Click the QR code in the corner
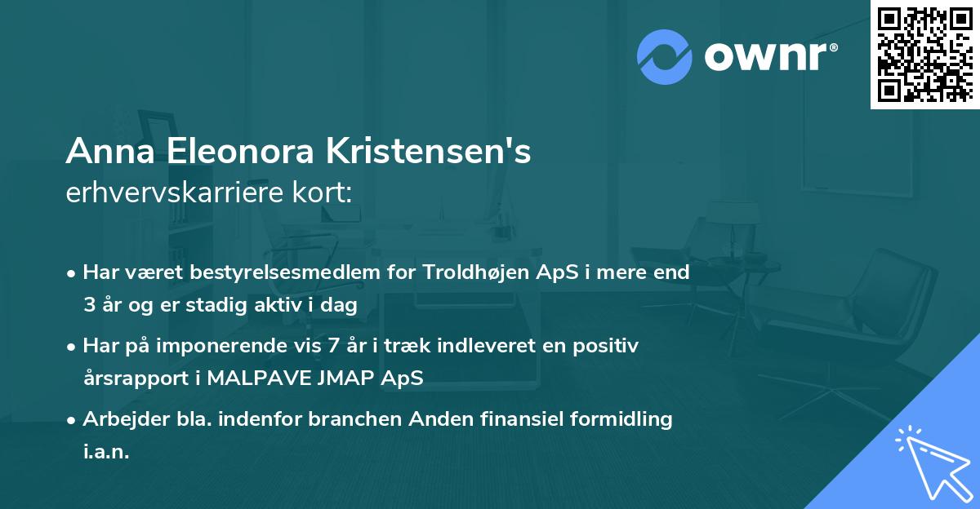[924, 55]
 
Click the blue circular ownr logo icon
[664, 55]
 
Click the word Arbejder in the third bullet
[118, 419]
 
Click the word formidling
[619, 419]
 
